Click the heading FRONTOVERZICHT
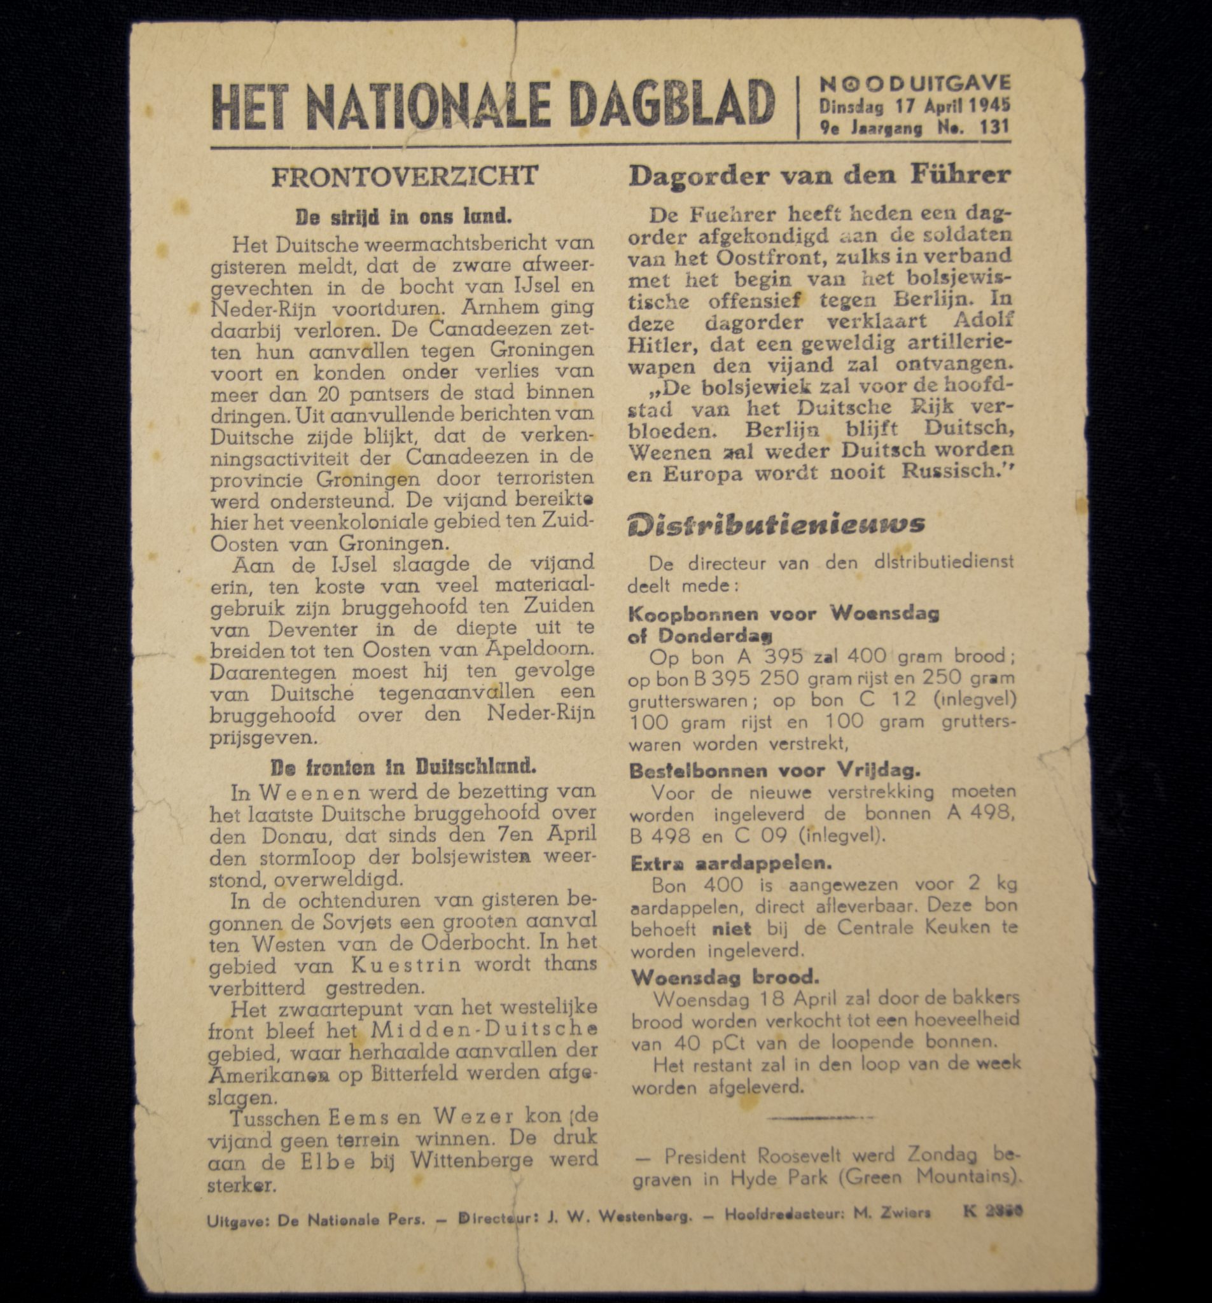(405, 176)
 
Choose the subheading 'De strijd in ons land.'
(403, 216)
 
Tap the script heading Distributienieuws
(776, 525)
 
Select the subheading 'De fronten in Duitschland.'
(403, 767)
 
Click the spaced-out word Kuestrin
(407, 965)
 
